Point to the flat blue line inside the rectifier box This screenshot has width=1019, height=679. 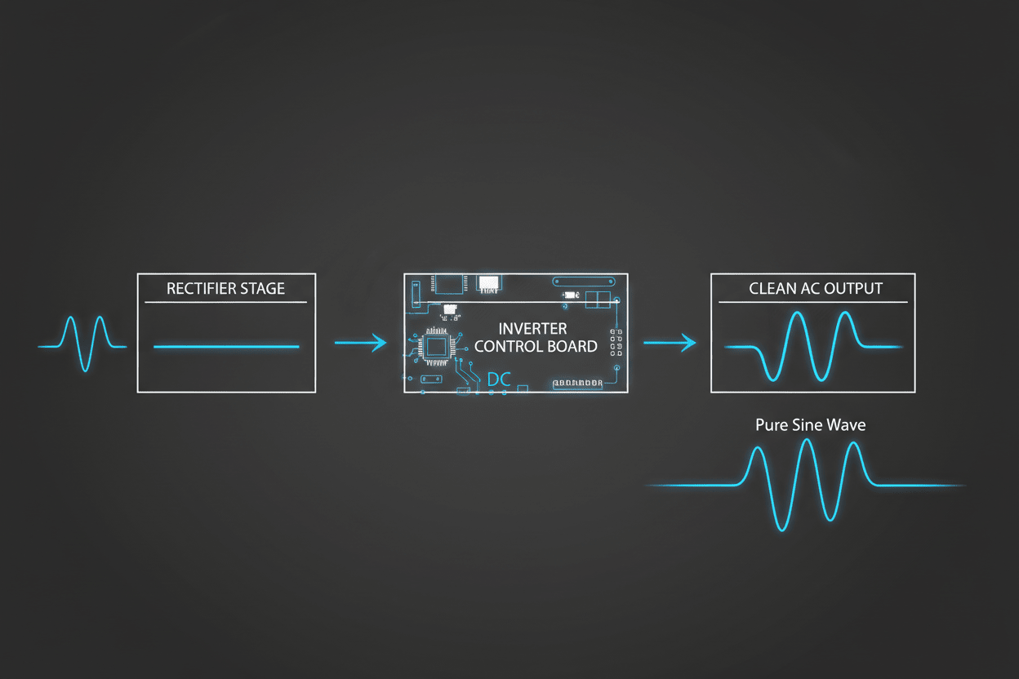point(226,347)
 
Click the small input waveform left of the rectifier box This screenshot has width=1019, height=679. point(82,345)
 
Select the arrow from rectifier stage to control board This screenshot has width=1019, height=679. point(361,343)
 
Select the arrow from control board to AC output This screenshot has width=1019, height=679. point(670,343)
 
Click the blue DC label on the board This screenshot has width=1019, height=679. point(499,379)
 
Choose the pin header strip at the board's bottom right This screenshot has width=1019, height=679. point(578,383)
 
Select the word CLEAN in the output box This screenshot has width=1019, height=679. point(772,289)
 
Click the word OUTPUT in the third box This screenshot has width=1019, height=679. point(853,289)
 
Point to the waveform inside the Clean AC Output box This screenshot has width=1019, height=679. point(812,346)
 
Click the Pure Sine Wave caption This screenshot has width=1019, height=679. point(810,425)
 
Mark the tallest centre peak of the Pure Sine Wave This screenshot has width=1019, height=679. point(807,442)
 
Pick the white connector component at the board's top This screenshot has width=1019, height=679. point(489,284)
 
